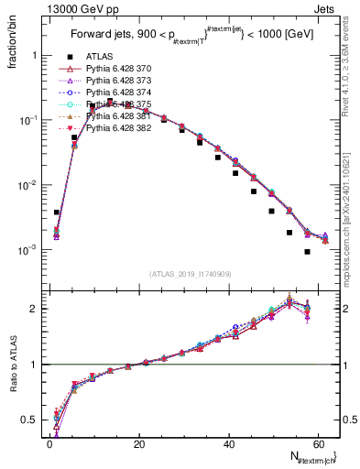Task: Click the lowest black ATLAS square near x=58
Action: tap(308, 252)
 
